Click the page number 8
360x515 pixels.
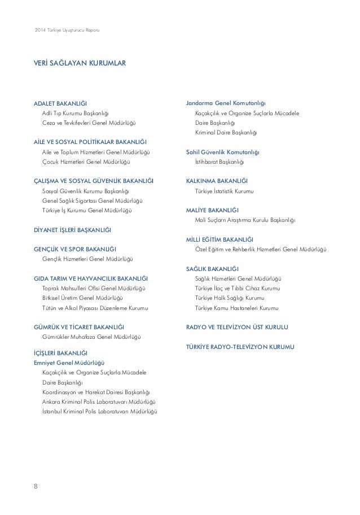coord(36,485)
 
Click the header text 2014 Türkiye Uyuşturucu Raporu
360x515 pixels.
coord(67,29)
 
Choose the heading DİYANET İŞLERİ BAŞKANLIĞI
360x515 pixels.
coord(73,230)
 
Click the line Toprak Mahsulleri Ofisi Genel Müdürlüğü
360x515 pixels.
coord(94,288)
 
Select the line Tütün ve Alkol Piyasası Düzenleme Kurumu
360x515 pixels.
coord(95,308)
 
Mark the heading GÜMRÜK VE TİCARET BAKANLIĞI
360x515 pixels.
coord(80,327)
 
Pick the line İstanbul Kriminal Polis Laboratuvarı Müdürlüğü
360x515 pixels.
coord(99,411)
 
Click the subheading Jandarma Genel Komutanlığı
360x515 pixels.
coord(226,103)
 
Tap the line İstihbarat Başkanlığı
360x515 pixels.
coord(219,162)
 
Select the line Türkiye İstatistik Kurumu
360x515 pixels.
coord(225,191)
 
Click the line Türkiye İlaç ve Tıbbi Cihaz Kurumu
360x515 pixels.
coord(237,288)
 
